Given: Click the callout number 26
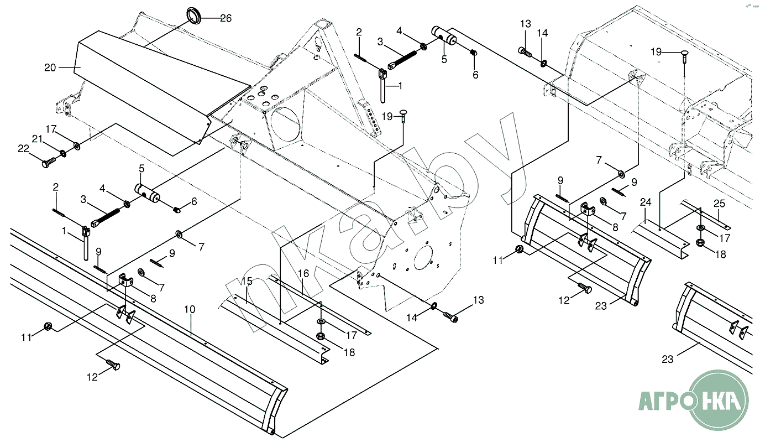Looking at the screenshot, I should pos(226,18).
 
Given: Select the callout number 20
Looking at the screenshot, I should pos(50,67).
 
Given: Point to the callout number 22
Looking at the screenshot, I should pos(23,148).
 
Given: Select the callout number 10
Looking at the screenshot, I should pos(190,309).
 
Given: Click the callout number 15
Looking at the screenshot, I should pos(247,281).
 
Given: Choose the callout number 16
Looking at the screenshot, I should pos(303,273).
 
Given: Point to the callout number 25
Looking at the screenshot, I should pos(719,204).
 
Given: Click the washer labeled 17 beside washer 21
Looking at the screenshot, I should pos(76,146).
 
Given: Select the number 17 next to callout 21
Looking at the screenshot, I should pos(51,129).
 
